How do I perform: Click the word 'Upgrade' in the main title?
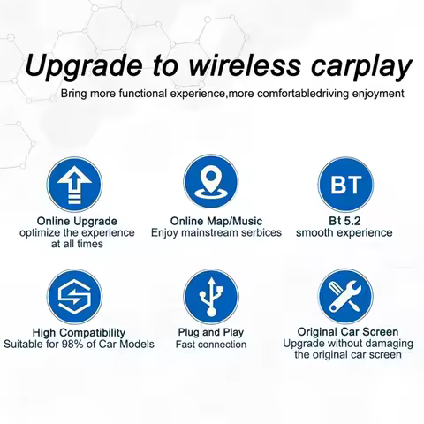pyautogui.click(x=84, y=67)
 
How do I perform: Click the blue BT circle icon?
pyautogui.click(x=345, y=185)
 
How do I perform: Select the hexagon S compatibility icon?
pyautogui.click(x=74, y=296)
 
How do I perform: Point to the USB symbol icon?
pyautogui.click(x=211, y=297)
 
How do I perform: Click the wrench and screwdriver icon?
pyautogui.click(x=345, y=296)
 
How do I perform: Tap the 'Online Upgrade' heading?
pyautogui.click(x=77, y=222)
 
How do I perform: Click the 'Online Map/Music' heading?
pyautogui.click(x=216, y=221)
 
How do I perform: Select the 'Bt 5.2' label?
pyautogui.click(x=344, y=221)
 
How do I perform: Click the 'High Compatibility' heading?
pyautogui.click(x=79, y=333)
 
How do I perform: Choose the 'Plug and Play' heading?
pyautogui.click(x=211, y=332)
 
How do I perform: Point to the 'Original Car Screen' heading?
pyautogui.click(x=348, y=332)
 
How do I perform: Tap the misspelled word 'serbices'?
pyautogui.click(x=261, y=232)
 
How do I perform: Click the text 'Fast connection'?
pyautogui.click(x=211, y=344)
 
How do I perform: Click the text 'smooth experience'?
pyautogui.click(x=344, y=233)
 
